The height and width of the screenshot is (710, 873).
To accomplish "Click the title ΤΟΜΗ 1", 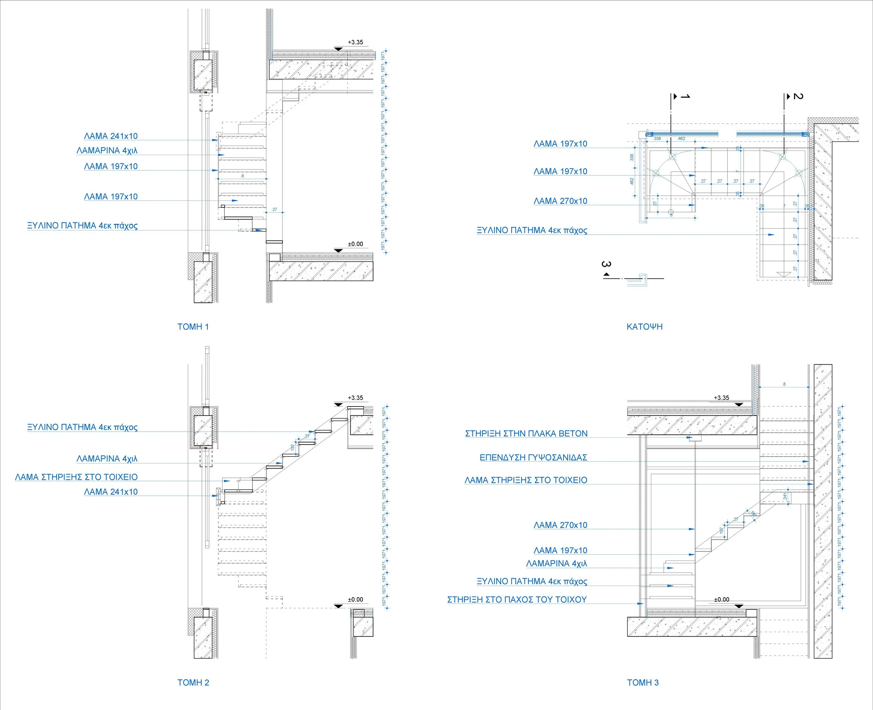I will click(x=193, y=327).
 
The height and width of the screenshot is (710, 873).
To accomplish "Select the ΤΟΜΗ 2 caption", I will click(x=193, y=683).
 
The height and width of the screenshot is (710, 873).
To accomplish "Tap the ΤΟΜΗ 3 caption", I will click(x=643, y=683).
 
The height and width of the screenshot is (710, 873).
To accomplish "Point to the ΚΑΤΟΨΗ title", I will click(x=644, y=327).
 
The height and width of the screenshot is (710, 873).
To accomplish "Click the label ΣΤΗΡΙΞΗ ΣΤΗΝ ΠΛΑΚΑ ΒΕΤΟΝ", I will click(x=526, y=433).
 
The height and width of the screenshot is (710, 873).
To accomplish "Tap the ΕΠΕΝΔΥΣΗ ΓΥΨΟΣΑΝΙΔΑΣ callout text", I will click(x=533, y=458).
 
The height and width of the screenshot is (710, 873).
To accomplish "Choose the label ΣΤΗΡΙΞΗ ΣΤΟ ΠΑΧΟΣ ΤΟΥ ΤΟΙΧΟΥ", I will click(x=517, y=600).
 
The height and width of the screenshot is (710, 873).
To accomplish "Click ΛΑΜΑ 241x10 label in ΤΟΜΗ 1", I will click(x=111, y=136).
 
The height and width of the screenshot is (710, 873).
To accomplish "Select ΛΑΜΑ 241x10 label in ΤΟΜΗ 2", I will click(x=111, y=492).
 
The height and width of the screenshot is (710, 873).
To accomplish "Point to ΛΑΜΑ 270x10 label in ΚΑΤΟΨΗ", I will click(x=560, y=201).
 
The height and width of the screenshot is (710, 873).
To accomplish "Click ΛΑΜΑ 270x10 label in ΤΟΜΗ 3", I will click(x=560, y=525).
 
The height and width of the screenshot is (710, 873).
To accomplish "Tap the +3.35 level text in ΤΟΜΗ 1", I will click(x=355, y=42).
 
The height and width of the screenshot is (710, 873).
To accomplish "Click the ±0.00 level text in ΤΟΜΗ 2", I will click(x=355, y=600).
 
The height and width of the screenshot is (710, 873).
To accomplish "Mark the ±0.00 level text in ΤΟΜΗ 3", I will click(x=722, y=600).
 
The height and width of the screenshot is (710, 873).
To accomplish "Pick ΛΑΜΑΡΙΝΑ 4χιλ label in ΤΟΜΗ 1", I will click(x=107, y=151).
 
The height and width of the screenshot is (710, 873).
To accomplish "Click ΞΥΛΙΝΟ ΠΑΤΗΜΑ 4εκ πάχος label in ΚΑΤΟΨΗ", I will click(x=531, y=230).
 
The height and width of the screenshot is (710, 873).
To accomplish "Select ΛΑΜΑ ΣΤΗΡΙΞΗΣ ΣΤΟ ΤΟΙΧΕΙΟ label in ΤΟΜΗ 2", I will click(x=76, y=477).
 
